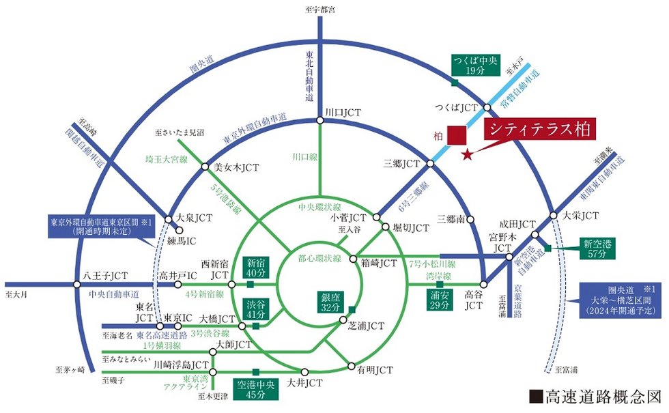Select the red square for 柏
[x=456, y=136]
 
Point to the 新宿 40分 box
[x=255, y=268]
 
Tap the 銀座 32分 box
[x=330, y=302]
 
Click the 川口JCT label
[x=343, y=112]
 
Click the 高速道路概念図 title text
[x=595, y=397]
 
